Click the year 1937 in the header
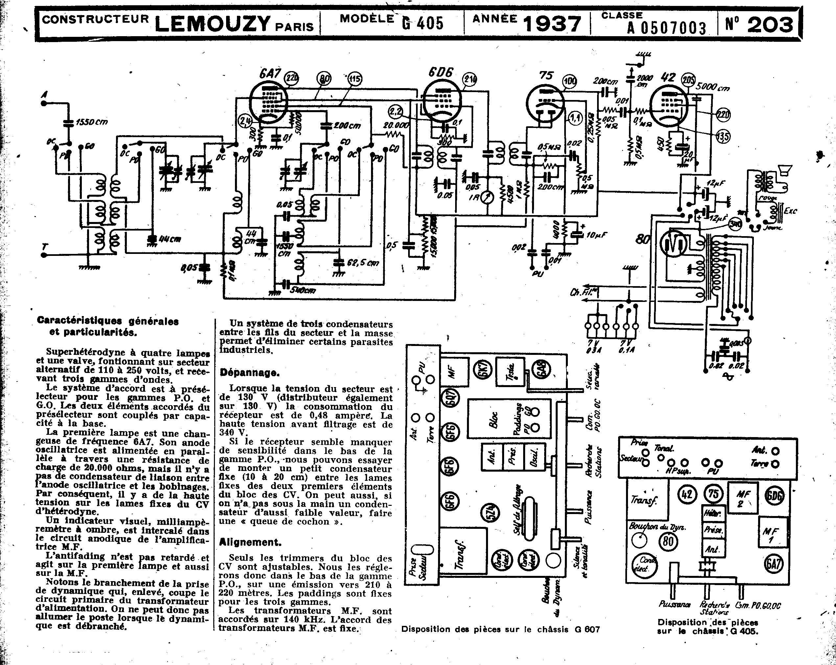point(552,24)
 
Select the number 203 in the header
point(770,25)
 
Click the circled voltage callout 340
point(735,224)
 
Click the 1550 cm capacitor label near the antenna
point(91,122)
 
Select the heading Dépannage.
point(249,373)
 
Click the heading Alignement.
point(250,542)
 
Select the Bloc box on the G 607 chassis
point(493,419)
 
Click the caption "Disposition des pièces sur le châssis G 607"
point(500,629)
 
